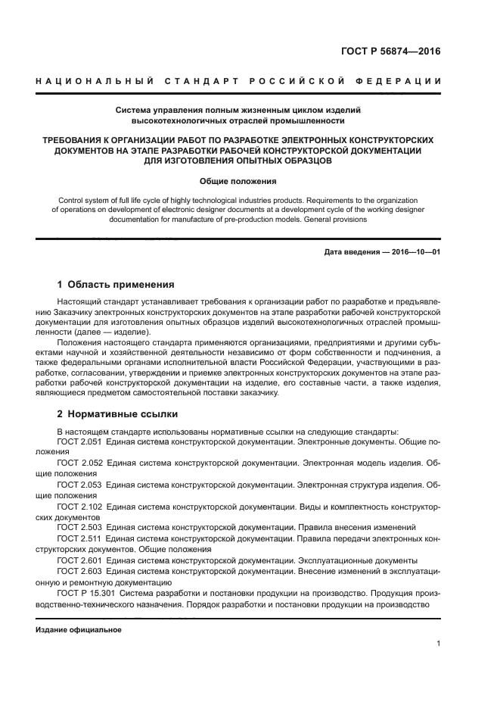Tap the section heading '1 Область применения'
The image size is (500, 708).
[x=116, y=285]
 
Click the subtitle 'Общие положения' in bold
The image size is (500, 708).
[x=238, y=182]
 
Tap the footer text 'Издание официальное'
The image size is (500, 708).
[x=79, y=630]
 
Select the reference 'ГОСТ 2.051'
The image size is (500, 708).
[x=79, y=441]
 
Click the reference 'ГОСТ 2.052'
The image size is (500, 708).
[x=79, y=462]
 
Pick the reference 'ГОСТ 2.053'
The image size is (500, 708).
[x=79, y=483]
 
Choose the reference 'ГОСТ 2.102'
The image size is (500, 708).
[x=79, y=504]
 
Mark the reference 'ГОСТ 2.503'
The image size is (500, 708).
[x=79, y=526]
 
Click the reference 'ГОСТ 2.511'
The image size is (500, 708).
[x=79, y=537]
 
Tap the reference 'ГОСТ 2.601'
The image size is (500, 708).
[x=79, y=559]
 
